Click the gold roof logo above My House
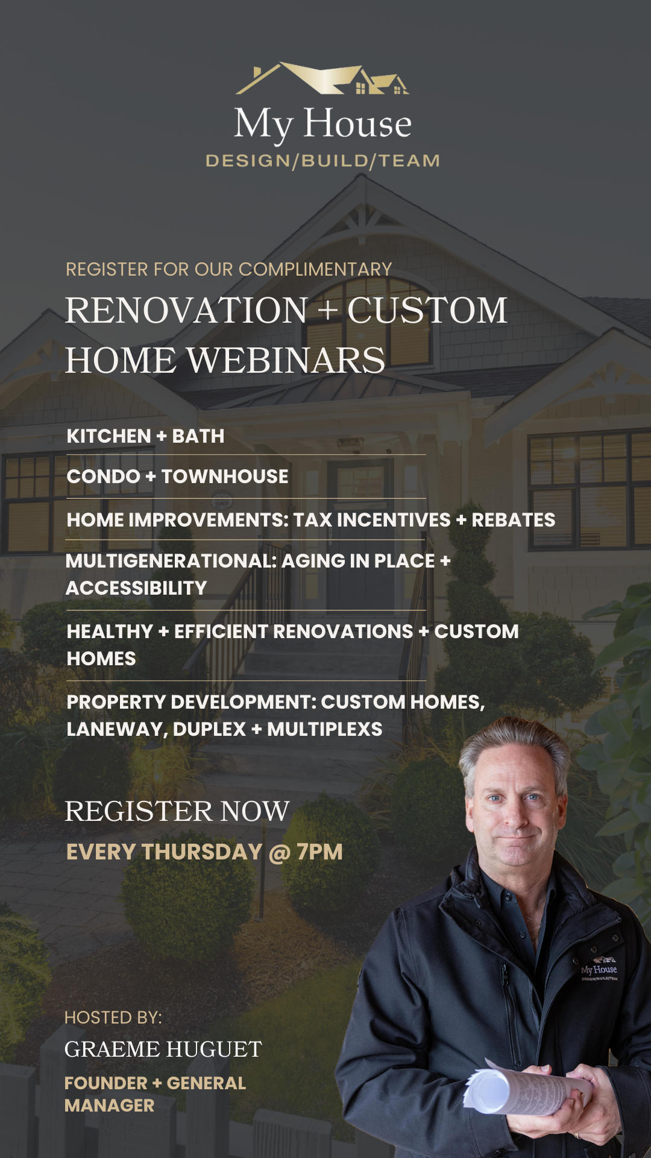322,79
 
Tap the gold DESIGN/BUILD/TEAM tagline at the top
322,161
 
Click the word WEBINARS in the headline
286,361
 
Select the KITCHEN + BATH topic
145,436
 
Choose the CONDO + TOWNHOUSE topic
177,476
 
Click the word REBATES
513,520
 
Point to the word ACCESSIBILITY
136,588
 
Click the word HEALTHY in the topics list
110,631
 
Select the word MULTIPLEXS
324,729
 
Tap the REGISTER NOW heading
177,811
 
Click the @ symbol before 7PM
279,853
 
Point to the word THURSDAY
202,852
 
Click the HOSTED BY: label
113,1017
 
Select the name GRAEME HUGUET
163,1049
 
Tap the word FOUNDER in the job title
105,1083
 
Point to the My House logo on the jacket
599,969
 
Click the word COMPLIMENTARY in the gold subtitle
315,269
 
